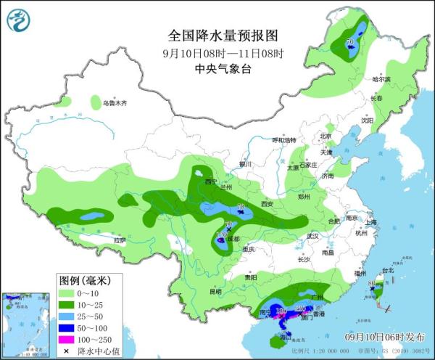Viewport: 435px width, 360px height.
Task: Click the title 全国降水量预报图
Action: (x=223, y=35)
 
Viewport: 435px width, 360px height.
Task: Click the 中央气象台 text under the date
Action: (x=223, y=69)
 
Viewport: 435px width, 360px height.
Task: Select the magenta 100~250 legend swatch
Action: (x=68, y=337)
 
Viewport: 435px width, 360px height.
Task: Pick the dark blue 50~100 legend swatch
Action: (x=68, y=327)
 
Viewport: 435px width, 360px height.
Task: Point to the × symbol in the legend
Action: (x=68, y=349)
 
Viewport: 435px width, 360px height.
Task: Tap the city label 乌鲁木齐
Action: (x=114, y=104)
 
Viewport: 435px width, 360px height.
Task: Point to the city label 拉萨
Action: (x=120, y=240)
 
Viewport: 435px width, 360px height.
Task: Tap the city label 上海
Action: (x=371, y=222)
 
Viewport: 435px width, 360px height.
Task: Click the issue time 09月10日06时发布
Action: (x=385, y=337)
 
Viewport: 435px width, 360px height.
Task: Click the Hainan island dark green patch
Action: (x=281, y=337)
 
